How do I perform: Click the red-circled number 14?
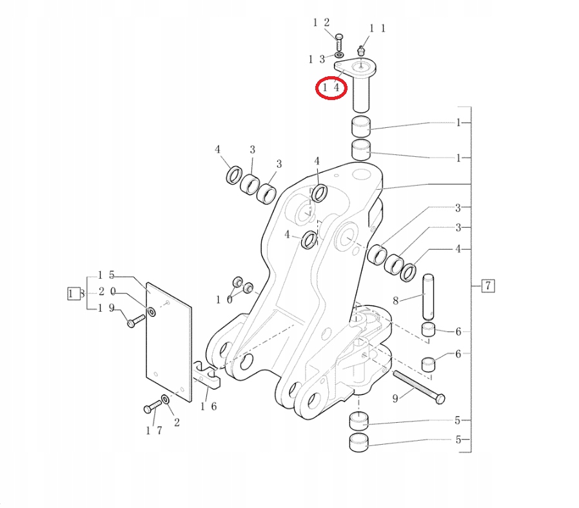point(331,86)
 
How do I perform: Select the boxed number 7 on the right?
point(488,285)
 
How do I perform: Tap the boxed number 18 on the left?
point(75,294)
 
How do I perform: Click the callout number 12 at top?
point(321,23)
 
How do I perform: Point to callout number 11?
point(377,28)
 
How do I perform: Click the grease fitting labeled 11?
point(362,50)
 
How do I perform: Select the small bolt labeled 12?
point(340,43)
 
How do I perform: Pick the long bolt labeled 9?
point(417,386)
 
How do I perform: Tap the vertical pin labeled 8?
point(428,297)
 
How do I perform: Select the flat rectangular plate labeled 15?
point(169,342)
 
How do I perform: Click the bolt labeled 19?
point(135,321)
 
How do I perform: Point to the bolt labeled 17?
point(152,408)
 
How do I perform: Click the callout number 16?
point(208,406)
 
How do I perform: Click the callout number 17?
point(154,430)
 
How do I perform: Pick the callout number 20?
point(106,292)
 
